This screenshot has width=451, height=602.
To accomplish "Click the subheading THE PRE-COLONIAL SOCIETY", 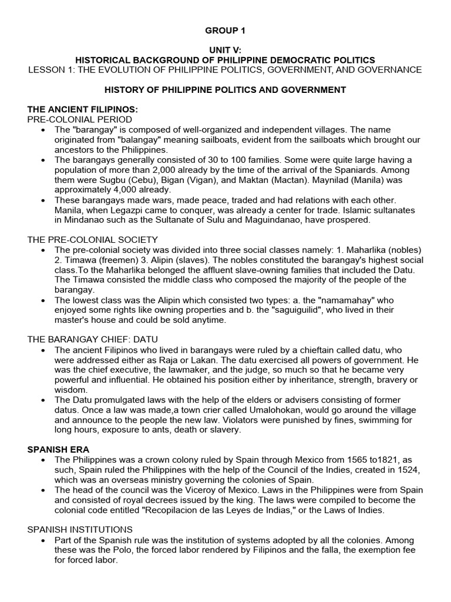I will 92,239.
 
